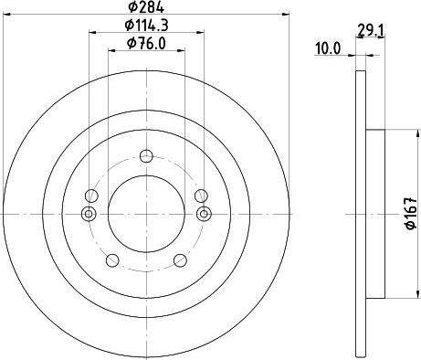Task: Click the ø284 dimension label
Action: coord(146,7)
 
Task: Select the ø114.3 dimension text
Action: coord(146,26)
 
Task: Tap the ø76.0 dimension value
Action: coord(146,44)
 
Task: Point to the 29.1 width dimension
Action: coord(370,31)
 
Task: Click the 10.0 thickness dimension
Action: coord(328,48)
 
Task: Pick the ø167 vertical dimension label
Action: coord(411,213)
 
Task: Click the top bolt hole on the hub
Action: coord(146,156)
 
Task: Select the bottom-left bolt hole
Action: coord(112,260)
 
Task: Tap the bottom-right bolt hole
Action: coord(180,260)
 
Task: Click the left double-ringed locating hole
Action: coord(89,214)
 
